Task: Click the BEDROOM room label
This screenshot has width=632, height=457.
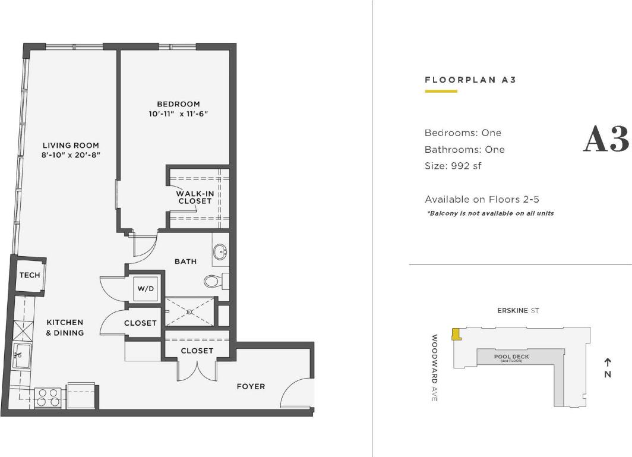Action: point(178,104)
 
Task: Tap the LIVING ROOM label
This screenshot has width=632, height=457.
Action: point(71,146)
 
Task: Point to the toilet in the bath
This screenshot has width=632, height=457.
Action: point(212,280)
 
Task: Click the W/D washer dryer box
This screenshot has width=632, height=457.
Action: point(146,289)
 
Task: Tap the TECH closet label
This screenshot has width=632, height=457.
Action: point(30,275)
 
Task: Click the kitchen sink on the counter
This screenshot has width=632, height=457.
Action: point(22,355)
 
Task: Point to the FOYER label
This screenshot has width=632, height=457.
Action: point(251,386)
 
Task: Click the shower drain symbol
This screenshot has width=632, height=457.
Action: point(189,311)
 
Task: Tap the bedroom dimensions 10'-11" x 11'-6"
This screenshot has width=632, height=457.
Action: point(178,114)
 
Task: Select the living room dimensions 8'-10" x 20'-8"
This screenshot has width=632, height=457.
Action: point(71,155)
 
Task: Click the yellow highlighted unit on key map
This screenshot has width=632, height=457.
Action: point(456,334)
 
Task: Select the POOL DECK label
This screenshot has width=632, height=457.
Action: point(511,357)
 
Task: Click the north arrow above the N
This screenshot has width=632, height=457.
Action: point(608,362)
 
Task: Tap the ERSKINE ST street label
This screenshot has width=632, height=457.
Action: point(518,311)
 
